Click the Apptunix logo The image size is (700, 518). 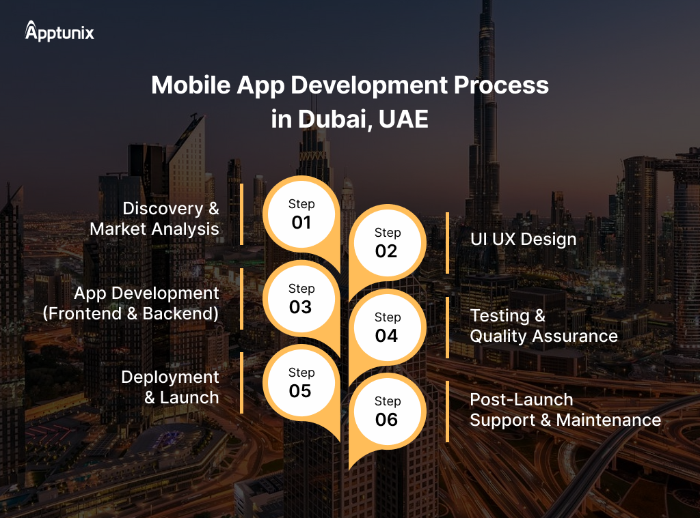pyautogui.click(x=59, y=31)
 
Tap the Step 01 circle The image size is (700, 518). pyautogui.click(x=301, y=214)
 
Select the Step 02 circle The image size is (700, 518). pyautogui.click(x=386, y=243)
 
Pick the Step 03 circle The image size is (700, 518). pyautogui.click(x=301, y=299)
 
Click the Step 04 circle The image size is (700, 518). pyautogui.click(x=386, y=328)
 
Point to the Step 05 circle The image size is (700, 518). pyautogui.click(x=301, y=383)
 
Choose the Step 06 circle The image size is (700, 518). pyautogui.click(x=386, y=412)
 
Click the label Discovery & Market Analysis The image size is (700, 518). pyautogui.click(x=154, y=218)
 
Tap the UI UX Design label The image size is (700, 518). pyautogui.click(x=523, y=240)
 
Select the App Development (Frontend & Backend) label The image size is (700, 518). pyautogui.click(x=131, y=303)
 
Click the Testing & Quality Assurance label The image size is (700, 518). pyautogui.click(x=543, y=326)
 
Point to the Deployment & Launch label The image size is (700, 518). pyautogui.click(x=170, y=387)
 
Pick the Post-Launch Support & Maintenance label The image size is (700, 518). pyautogui.click(x=565, y=409)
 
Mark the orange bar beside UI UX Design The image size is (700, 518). pyautogui.click(x=447, y=243)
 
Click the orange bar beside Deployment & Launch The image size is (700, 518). pyautogui.click(x=242, y=383)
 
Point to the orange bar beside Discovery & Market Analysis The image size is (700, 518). pyautogui.click(x=242, y=214)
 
